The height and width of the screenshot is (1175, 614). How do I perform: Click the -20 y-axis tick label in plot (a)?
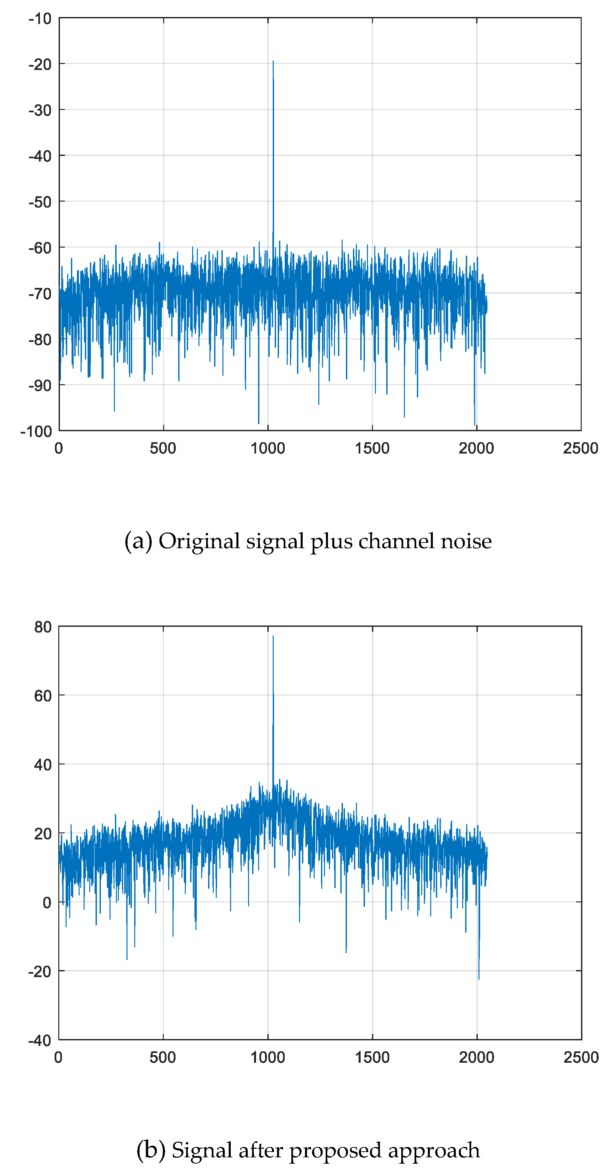40,64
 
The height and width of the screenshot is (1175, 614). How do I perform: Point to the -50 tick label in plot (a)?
40,202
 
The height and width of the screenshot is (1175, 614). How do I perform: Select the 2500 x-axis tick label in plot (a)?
580,449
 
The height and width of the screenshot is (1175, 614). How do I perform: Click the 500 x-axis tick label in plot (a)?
163,449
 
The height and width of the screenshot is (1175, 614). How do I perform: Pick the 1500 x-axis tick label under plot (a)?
372,449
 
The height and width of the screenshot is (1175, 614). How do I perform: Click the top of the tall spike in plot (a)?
273,61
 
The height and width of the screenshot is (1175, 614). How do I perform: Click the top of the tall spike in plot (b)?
273,636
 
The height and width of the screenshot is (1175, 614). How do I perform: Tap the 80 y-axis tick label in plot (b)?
43,627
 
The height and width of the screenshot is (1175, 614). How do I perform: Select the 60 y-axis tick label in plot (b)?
43,696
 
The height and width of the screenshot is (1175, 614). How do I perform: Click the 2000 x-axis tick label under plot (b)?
476,1057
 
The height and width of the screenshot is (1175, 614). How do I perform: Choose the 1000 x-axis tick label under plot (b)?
268,1057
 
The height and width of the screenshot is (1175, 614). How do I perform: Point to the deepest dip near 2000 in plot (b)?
478,978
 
